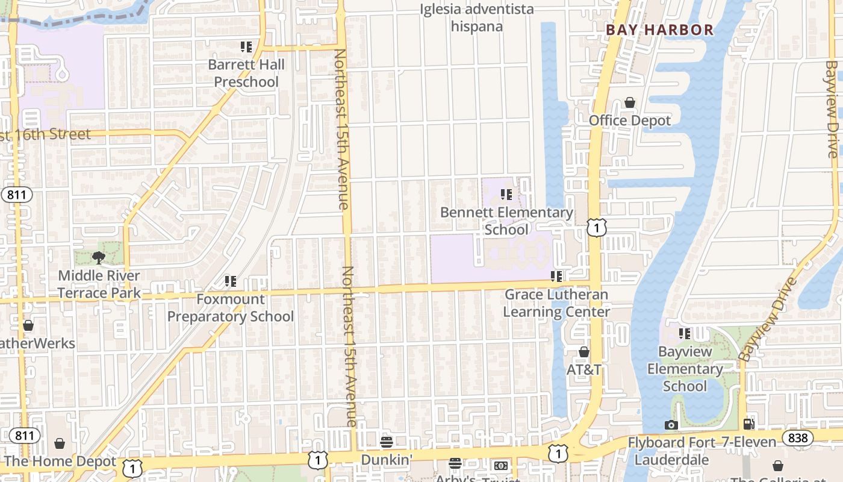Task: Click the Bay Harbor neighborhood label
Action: click(x=659, y=30)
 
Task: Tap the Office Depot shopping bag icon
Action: click(x=630, y=103)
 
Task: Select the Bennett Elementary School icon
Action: click(x=506, y=195)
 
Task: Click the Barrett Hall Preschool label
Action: click(x=246, y=73)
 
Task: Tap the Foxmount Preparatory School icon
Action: click(x=230, y=281)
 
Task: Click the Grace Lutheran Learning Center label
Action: click(x=556, y=303)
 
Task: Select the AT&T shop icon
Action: click(x=583, y=352)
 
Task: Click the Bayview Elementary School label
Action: click(x=685, y=369)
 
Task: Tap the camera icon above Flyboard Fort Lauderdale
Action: click(x=671, y=425)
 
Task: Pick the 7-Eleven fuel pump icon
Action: click(x=749, y=425)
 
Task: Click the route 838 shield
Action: click(x=798, y=437)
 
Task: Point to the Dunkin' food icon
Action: click(x=387, y=443)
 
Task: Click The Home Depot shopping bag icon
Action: click(x=60, y=444)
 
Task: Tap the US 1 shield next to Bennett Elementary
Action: click(x=597, y=228)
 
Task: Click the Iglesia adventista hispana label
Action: click(x=477, y=18)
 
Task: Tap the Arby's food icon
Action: click(x=456, y=463)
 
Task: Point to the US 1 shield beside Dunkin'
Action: click(x=318, y=460)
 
